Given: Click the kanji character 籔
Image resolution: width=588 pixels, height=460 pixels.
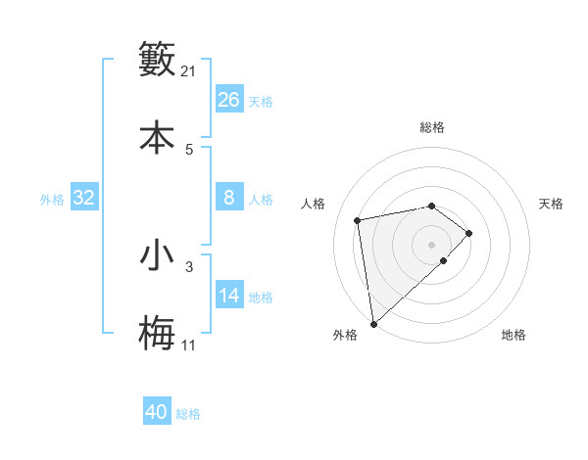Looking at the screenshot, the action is point(157,60).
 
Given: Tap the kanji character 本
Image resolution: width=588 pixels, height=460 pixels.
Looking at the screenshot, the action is point(157,136).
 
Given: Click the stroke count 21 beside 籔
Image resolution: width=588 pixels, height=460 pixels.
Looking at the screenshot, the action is point(189,70).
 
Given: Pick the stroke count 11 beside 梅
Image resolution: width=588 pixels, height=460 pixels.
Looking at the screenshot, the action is point(189,345).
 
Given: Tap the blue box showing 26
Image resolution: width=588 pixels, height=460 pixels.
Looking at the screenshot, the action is point(229,100).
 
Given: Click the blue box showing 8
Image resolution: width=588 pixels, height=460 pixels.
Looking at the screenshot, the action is point(229,198).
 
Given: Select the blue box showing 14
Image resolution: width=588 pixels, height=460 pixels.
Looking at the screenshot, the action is point(229,296).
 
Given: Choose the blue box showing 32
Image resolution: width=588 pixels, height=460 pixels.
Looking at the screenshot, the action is point(84,198).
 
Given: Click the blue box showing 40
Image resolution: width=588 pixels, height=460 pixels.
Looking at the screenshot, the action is point(157,412).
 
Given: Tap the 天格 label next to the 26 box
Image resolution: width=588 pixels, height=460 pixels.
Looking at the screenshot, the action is point(261,101).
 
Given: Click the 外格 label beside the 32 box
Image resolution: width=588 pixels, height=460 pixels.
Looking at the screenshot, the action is point(52,199).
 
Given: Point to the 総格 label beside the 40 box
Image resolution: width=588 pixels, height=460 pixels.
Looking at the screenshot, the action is point(188,413).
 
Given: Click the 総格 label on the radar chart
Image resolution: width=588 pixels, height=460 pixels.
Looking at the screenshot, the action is point(432,127).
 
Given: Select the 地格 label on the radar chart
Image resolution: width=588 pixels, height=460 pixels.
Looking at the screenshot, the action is point(514,335).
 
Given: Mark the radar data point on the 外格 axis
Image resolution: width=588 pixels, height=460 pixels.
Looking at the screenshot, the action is point(372,323).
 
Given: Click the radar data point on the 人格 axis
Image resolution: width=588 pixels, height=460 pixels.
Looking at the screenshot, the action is point(358,219).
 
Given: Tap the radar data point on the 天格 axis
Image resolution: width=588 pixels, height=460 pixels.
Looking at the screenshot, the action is point(469,233).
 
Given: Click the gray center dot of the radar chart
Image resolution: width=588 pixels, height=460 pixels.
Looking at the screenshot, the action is point(431,244).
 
